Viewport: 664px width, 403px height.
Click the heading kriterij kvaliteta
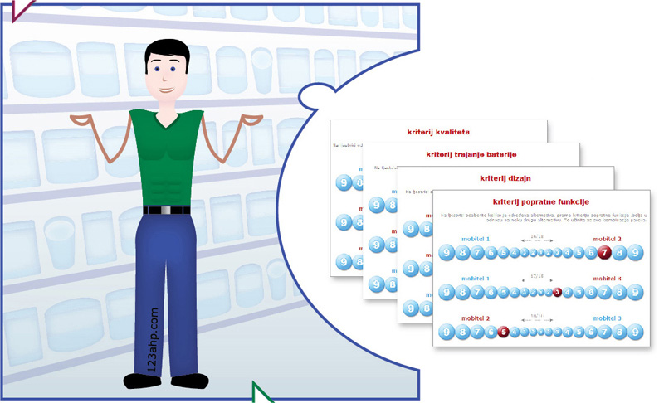[438, 131]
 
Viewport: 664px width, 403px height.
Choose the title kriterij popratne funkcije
[539, 201]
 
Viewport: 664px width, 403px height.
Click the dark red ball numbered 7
[605, 253]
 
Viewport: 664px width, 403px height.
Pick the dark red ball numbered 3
[558, 292]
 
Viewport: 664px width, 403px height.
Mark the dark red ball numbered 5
[503, 331]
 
